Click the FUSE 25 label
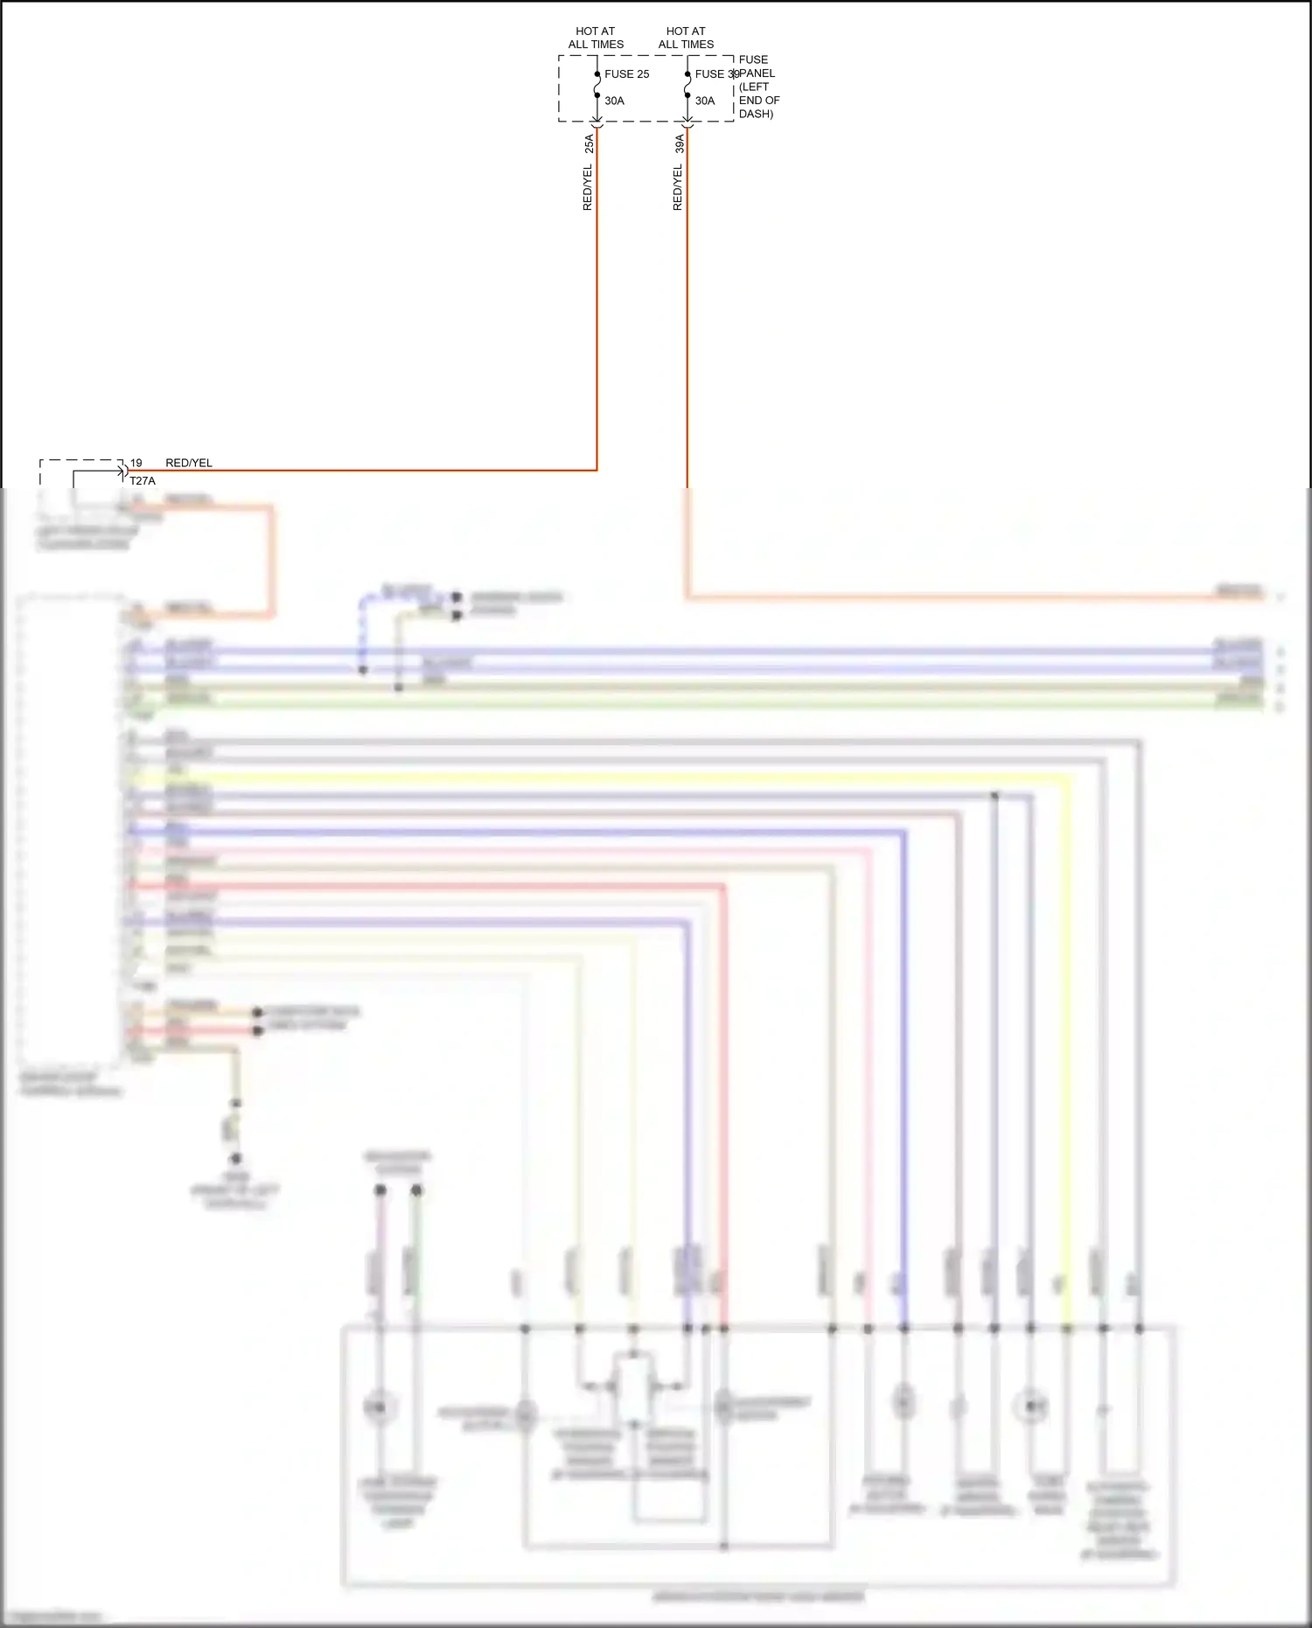click(626, 74)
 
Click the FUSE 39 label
click(716, 74)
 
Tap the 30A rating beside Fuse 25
click(614, 101)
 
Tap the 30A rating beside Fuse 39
click(705, 101)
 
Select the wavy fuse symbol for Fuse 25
click(597, 85)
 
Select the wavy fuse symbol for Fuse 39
click(687, 85)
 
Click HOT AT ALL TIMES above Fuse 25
click(596, 38)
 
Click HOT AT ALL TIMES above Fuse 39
click(686, 38)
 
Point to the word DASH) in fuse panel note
click(756, 114)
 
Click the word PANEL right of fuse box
click(757, 73)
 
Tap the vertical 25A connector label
click(589, 144)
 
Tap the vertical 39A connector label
click(679, 144)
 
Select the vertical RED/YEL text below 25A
click(588, 187)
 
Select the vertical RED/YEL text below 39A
click(678, 187)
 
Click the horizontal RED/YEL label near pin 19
click(189, 463)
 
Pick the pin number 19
click(136, 463)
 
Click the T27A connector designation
click(143, 481)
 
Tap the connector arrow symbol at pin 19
click(125, 471)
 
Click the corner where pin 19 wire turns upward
click(597, 470)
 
